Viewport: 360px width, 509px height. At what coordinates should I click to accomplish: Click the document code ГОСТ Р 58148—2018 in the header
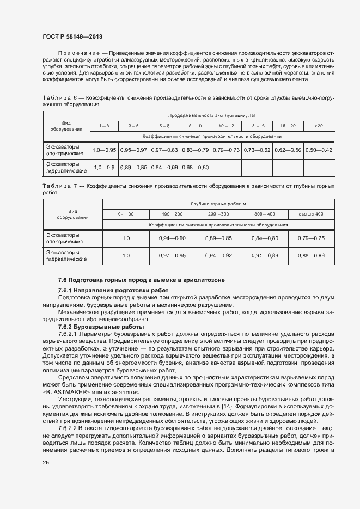[72, 36]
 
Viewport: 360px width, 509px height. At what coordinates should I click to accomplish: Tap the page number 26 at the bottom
[46, 462]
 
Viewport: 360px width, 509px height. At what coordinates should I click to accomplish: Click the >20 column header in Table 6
[319, 125]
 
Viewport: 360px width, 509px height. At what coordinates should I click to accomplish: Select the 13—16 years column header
[257, 125]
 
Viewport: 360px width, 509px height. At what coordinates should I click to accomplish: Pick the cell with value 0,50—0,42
[319, 150]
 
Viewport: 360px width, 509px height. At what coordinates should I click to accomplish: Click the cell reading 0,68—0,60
[196, 167]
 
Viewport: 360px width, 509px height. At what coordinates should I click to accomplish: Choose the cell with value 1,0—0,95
[104, 150]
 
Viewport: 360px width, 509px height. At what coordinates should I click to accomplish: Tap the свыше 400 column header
[311, 214]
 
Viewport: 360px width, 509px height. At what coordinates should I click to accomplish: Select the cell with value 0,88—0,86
[311, 255]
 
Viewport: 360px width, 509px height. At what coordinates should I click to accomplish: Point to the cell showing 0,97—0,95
[172, 255]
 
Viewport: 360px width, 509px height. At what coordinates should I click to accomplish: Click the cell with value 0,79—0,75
[311, 238]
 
